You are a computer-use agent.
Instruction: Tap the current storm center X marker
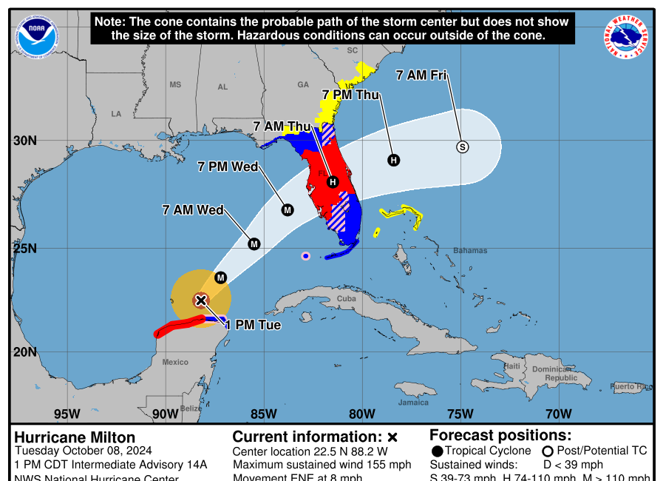(200, 300)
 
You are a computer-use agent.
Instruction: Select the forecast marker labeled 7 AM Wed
(254, 243)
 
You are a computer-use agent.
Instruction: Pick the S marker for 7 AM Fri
(463, 147)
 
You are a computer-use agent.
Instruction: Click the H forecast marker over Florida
(333, 181)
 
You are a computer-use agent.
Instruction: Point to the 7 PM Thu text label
(350, 95)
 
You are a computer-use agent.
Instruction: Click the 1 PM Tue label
(253, 325)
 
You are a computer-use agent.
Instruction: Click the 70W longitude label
(558, 413)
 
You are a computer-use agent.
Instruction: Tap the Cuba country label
(347, 298)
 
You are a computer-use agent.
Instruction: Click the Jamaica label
(413, 403)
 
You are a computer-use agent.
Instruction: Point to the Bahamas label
(470, 251)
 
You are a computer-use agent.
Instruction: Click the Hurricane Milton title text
(75, 437)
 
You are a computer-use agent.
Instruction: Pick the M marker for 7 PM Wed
(288, 209)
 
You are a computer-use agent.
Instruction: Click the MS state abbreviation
(175, 84)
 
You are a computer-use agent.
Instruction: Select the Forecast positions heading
(500, 435)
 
